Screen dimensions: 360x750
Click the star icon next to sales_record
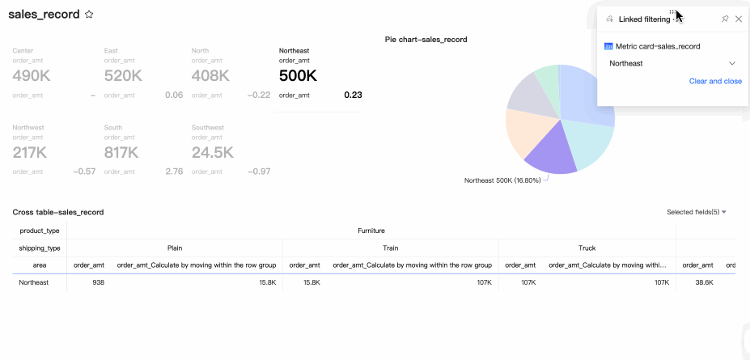point(90,15)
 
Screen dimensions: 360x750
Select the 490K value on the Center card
point(30,75)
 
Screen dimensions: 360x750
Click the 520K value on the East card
point(123,75)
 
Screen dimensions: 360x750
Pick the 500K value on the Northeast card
point(298,75)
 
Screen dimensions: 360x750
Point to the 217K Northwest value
point(30,152)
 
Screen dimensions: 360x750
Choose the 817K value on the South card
point(121,152)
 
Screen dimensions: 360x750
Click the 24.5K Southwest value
point(213,152)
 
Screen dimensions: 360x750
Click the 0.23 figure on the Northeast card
point(353,95)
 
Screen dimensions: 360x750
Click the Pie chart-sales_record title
point(426,39)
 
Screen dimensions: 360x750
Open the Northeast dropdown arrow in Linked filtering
point(732,63)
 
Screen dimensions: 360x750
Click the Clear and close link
point(715,81)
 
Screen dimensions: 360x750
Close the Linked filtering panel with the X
point(739,19)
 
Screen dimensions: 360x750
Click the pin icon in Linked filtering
point(725,19)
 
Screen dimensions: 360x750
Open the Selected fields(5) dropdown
point(697,212)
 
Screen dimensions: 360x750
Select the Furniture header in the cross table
point(371,231)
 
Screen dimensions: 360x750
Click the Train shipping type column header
point(390,248)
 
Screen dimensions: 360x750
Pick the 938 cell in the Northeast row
point(98,282)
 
